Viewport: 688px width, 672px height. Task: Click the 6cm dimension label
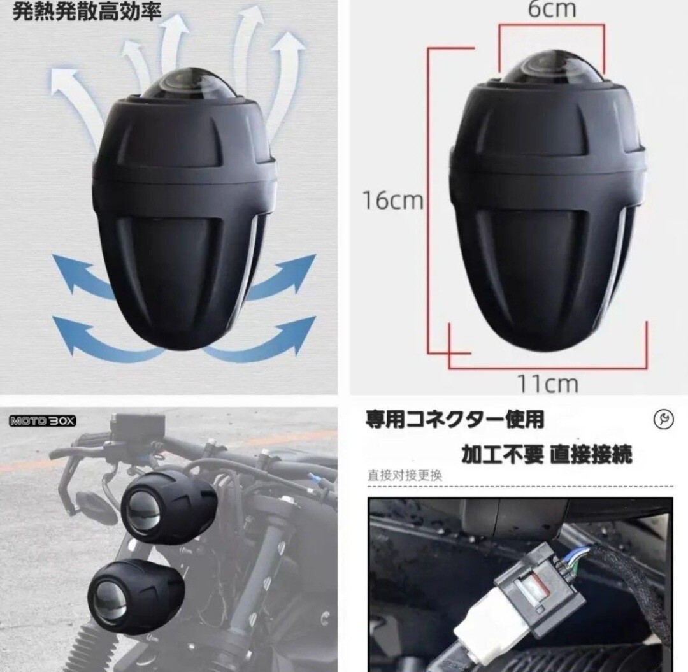point(552,9)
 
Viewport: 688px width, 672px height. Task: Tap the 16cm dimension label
point(392,200)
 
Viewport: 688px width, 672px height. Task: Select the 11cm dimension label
point(547,383)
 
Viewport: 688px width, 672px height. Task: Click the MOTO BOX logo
point(43,421)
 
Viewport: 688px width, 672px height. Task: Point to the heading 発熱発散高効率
point(87,13)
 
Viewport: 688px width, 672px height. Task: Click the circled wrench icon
point(663,419)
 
